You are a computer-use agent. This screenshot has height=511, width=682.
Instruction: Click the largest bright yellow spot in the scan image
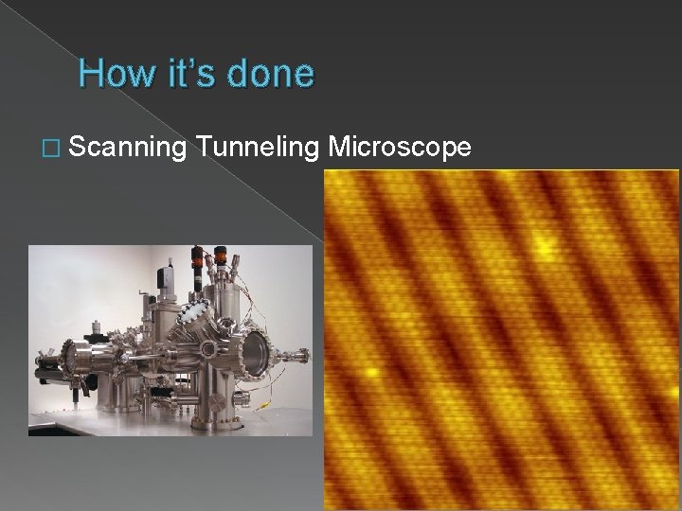click(x=543, y=246)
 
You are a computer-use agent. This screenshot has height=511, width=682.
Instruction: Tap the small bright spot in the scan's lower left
click(x=372, y=371)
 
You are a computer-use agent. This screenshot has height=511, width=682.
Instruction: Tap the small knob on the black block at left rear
click(x=96, y=330)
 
